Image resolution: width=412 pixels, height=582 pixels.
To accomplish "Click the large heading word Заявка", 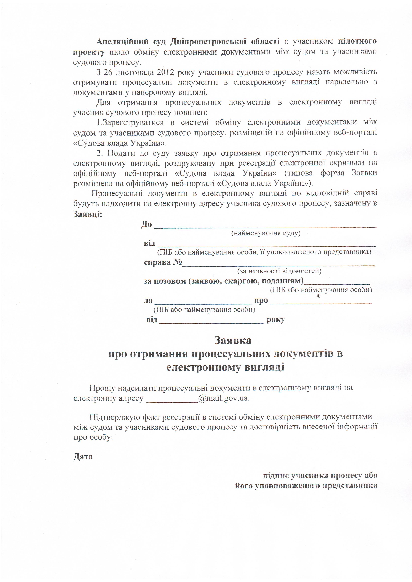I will coord(233,340).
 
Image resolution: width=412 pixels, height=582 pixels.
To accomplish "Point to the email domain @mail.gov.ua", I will coord(224,398).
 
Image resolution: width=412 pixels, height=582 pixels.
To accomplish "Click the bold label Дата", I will coord(83,457).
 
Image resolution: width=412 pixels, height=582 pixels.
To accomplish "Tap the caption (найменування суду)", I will coord(266,233).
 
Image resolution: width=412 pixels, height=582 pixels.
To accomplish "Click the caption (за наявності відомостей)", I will coord(279,271).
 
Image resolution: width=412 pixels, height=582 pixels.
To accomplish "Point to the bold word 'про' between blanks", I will coord(261,300).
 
